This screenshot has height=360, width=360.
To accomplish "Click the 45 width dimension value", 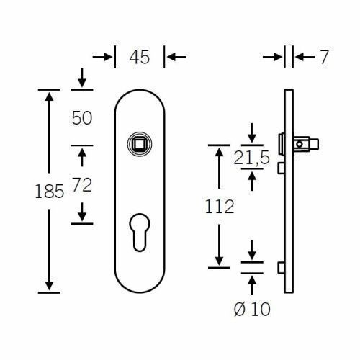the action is pyautogui.click(x=140, y=57).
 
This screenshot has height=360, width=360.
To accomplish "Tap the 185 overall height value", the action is pyautogui.click(x=50, y=192).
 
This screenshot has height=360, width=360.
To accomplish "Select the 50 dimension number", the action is pyautogui.click(x=82, y=118).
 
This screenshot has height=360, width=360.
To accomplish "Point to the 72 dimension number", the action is pyautogui.click(x=82, y=184).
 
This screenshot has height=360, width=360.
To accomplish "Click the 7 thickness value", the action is pyautogui.click(x=324, y=57).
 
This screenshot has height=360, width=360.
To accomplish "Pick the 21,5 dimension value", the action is pyautogui.click(x=252, y=158).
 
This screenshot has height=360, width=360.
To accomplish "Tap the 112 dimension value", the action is pyautogui.click(x=220, y=207).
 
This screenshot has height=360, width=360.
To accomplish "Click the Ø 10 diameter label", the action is pyautogui.click(x=252, y=309).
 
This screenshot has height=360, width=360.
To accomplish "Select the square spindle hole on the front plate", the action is pyautogui.click(x=140, y=144).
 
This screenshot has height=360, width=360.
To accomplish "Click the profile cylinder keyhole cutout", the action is pyautogui.click(x=140, y=233).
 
